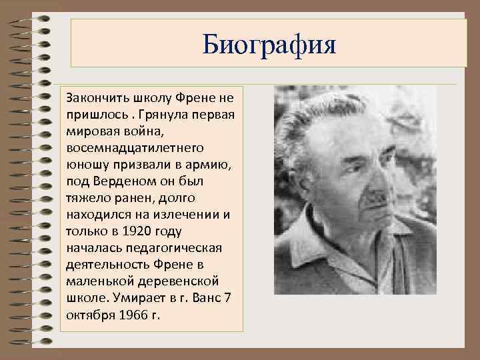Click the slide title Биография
click(x=271, y=45)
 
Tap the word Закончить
click(x=93, y=97)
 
